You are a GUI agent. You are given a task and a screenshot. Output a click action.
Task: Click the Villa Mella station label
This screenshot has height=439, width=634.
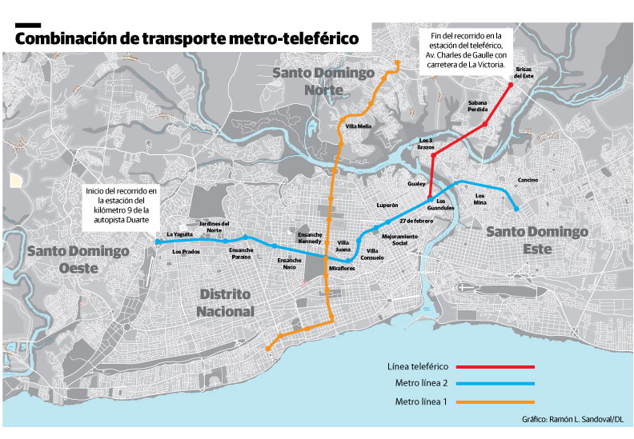(358, 126)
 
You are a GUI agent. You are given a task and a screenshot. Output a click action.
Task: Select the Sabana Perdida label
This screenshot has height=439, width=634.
(478, 107)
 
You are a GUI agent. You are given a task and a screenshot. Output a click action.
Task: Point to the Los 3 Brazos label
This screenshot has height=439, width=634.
(426, 144)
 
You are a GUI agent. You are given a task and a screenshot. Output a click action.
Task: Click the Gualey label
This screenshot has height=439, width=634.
(416, 183)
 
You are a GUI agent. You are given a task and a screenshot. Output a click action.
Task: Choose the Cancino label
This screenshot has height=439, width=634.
(528, 179)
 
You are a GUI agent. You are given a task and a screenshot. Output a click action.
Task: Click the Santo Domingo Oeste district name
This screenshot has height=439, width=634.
(78, 259)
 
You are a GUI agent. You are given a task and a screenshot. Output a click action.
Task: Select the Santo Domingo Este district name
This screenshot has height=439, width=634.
(536, 240)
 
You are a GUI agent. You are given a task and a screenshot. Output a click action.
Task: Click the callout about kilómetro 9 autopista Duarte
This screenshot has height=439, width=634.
(122, 206)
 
